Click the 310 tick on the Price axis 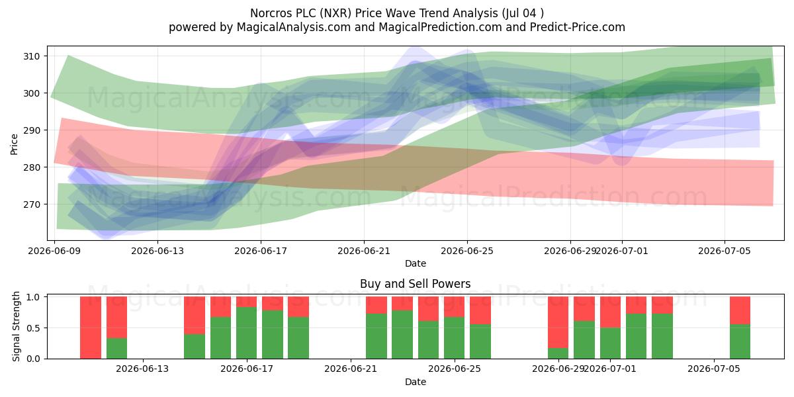[32, 56]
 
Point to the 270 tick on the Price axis [32, 204]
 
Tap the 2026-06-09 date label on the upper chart [54, 251]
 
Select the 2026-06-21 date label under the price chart [364, 251]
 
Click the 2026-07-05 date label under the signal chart [714, 369]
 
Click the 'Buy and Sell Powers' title [415, 284]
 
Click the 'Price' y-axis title [14, 144]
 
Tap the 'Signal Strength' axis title [16, 326]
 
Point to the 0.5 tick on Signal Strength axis [34, 328]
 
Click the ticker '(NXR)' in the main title [335, 13]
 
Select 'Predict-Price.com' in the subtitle [578, 27]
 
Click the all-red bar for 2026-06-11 [91, 328]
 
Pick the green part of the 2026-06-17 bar [246, 333]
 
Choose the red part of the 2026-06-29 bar [558, 322]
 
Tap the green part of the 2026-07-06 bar [740, 341]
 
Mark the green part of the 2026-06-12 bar [116, 349]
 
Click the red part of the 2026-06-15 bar [195, 315]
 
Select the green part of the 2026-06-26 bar [480, 341]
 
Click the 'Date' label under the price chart [416, 264]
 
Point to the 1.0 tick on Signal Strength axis [34, 296]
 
